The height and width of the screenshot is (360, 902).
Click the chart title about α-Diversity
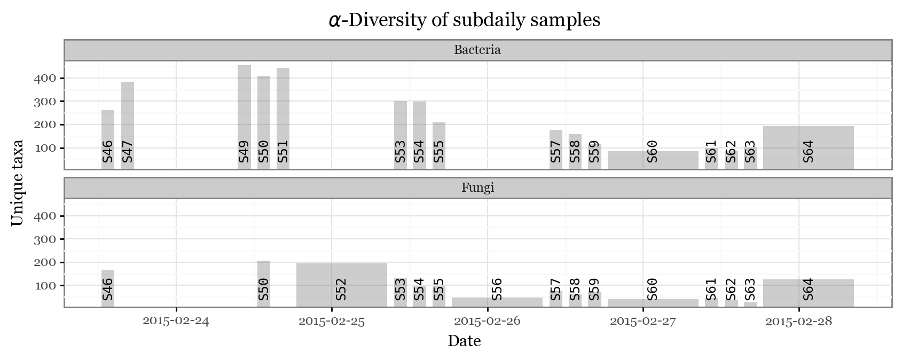464,20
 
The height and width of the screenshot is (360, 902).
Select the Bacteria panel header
477,50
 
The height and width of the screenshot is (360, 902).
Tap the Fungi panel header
477,188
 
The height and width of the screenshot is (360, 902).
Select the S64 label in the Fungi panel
808,289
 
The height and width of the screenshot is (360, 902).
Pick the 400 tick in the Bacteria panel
45,78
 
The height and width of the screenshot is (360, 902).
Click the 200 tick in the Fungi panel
45,262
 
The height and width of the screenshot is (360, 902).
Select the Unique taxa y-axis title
17,183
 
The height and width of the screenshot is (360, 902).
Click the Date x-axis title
464,341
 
